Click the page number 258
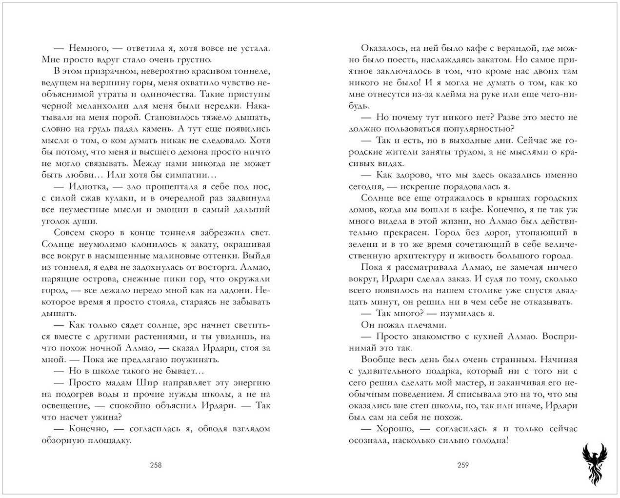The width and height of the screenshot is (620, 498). tap(155, 465)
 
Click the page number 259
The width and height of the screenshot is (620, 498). tap(463, 465)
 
